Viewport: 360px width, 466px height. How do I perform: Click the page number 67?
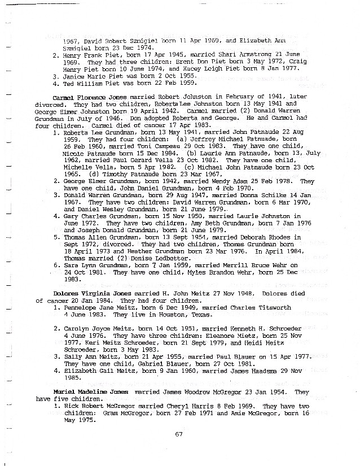[x=179, y=434]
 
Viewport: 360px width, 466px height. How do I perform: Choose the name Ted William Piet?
[x=89, y=83]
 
